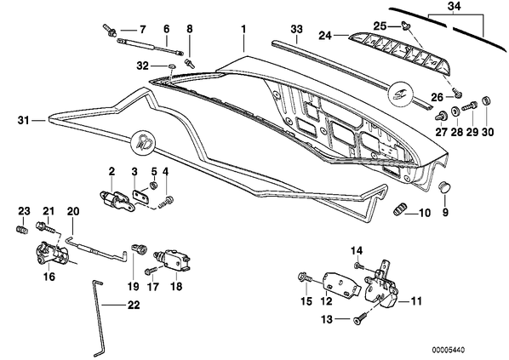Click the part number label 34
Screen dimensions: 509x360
455,7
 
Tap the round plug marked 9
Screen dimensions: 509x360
443,187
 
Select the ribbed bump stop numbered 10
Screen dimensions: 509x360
399,209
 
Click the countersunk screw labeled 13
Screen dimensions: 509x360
360,317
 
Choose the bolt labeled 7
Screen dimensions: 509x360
110,30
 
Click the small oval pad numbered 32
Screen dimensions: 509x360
172,66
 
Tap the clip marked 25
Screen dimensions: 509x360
404,25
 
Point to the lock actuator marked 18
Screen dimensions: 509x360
171,260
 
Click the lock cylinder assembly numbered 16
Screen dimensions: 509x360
52,253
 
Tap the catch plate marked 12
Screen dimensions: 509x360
341,285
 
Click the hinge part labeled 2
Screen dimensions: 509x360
116,200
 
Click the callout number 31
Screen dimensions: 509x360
23,121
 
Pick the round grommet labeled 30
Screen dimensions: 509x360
486,100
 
